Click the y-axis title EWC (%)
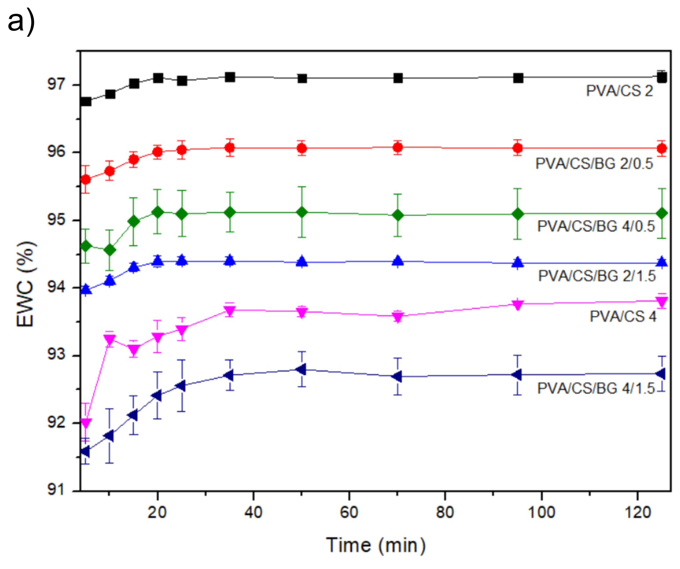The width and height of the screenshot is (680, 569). (26, 284)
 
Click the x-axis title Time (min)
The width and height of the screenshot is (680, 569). (375, 545)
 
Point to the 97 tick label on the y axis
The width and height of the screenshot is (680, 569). (56, 84)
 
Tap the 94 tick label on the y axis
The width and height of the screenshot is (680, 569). (56, 287)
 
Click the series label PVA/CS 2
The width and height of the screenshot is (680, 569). (619, 91)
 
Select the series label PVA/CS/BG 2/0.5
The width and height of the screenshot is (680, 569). (594, 164)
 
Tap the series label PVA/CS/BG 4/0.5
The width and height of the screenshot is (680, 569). (596, 226)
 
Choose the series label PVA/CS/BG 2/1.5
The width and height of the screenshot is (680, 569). (596, 276)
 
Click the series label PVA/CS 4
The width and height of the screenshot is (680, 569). (623, 317)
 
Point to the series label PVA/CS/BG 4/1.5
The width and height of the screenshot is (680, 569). (596, 388)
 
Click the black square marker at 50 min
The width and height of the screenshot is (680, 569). (302, 79)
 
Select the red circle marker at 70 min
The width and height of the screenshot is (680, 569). (398, 148)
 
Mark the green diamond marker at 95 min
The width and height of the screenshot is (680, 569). (518, 214)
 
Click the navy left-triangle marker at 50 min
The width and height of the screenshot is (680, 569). (301, 369)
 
